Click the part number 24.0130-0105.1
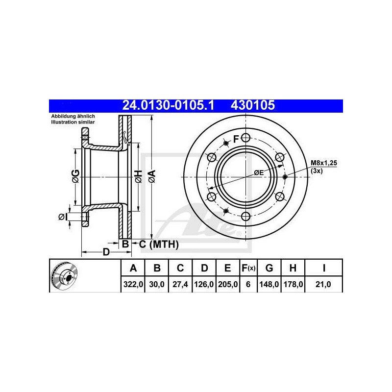click(x=168, y=105)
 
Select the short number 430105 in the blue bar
click(x=253, y=105)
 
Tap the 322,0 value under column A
click(x=133, y=284)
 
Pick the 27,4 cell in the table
click(x=180, y=284)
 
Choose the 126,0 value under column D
click(x=204, y=284)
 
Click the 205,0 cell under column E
click(x=228, y=284)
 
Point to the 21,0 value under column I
click(x=323, y=284)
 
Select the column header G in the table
click(x=269, y=268)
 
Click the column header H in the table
click(x=293, y=268)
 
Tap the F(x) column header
click(x=248, y=268)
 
